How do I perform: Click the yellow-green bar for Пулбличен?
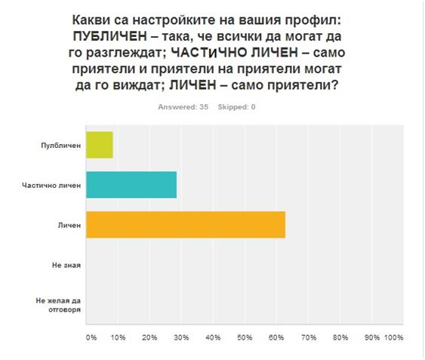click(x=100, y=145)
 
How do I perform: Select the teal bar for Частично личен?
click(x=131, y=185)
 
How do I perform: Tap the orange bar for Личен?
click(x=186, y=225)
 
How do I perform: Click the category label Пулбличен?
click(x=61, y=146)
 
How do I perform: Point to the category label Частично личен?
click(x=51, y=186)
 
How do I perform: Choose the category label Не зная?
click(x=66, y=265)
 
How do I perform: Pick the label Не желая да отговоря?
click(x=58, y=305)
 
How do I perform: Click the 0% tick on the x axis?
click(x=91, y=337)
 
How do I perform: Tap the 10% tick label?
click(x=119, y=337)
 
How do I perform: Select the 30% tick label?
click(x=181, y=337)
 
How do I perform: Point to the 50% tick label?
click(x=245, y=337)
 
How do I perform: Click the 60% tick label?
click(x=276, y=337)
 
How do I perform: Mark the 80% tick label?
click(x=340, y=337)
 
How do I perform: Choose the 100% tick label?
click(x=394, y=337)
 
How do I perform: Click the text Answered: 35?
click(x=183, y=107)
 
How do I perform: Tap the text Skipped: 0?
click(x=236, y=107)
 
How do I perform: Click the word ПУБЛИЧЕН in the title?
click(x=110, y=36)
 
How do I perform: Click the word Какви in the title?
click(x=91, y=20)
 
